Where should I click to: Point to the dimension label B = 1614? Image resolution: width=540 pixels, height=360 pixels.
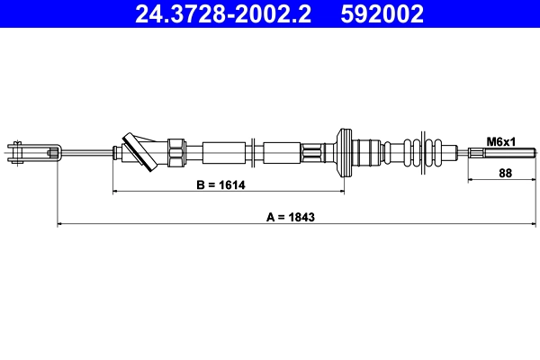coord(220,185)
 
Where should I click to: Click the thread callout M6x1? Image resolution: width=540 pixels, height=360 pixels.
coord(499,142)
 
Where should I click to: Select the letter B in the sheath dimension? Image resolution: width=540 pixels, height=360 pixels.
coord(200,185)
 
